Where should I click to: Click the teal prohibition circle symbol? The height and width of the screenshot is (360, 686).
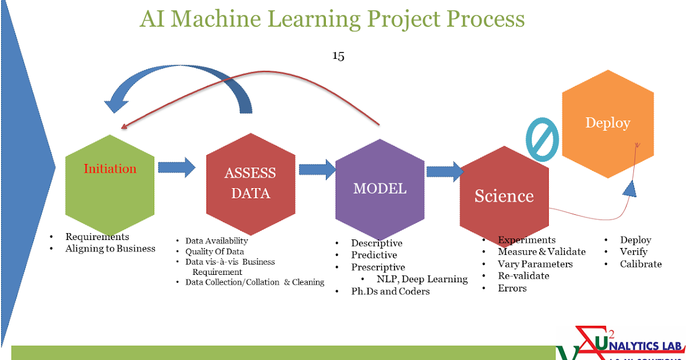(541, 139)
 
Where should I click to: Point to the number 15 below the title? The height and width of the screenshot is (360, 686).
(338, 56)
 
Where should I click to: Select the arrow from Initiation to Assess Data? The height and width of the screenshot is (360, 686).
(176, 167)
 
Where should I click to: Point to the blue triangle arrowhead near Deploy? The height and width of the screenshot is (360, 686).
(629, 188)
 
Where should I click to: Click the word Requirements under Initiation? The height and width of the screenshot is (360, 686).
(97, 237)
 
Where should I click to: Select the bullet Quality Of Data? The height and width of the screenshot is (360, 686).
(214, 251)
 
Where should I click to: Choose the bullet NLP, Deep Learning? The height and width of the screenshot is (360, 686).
(422, 279)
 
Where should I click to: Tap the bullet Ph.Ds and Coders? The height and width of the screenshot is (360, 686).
(390, 291)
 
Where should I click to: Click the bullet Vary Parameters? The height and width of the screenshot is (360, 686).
(535, 264)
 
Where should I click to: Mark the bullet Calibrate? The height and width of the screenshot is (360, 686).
(641, 264)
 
